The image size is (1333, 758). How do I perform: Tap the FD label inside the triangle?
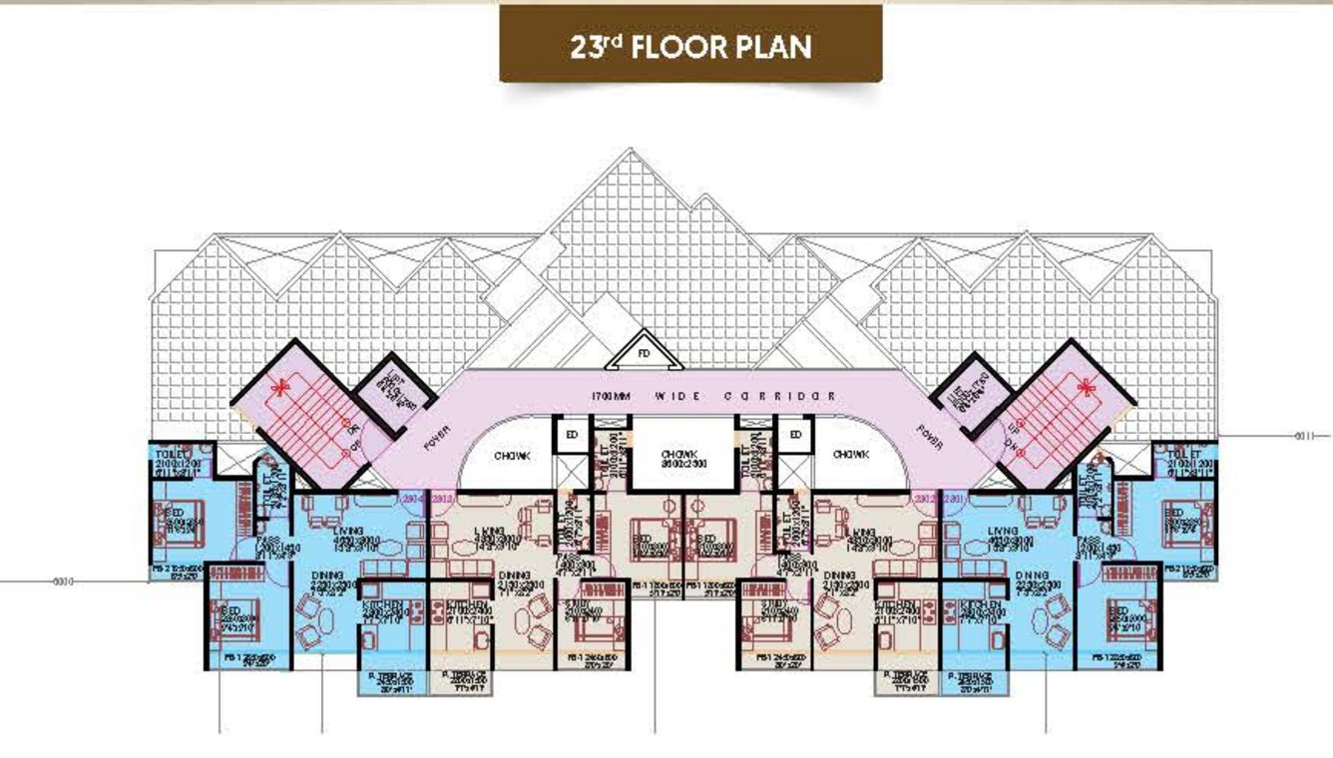pos(644,354)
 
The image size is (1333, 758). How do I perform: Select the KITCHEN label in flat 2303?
pos(467,606)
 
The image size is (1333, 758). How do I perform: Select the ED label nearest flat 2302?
pos(795,436)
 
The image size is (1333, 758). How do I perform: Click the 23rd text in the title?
pos(596,47)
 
